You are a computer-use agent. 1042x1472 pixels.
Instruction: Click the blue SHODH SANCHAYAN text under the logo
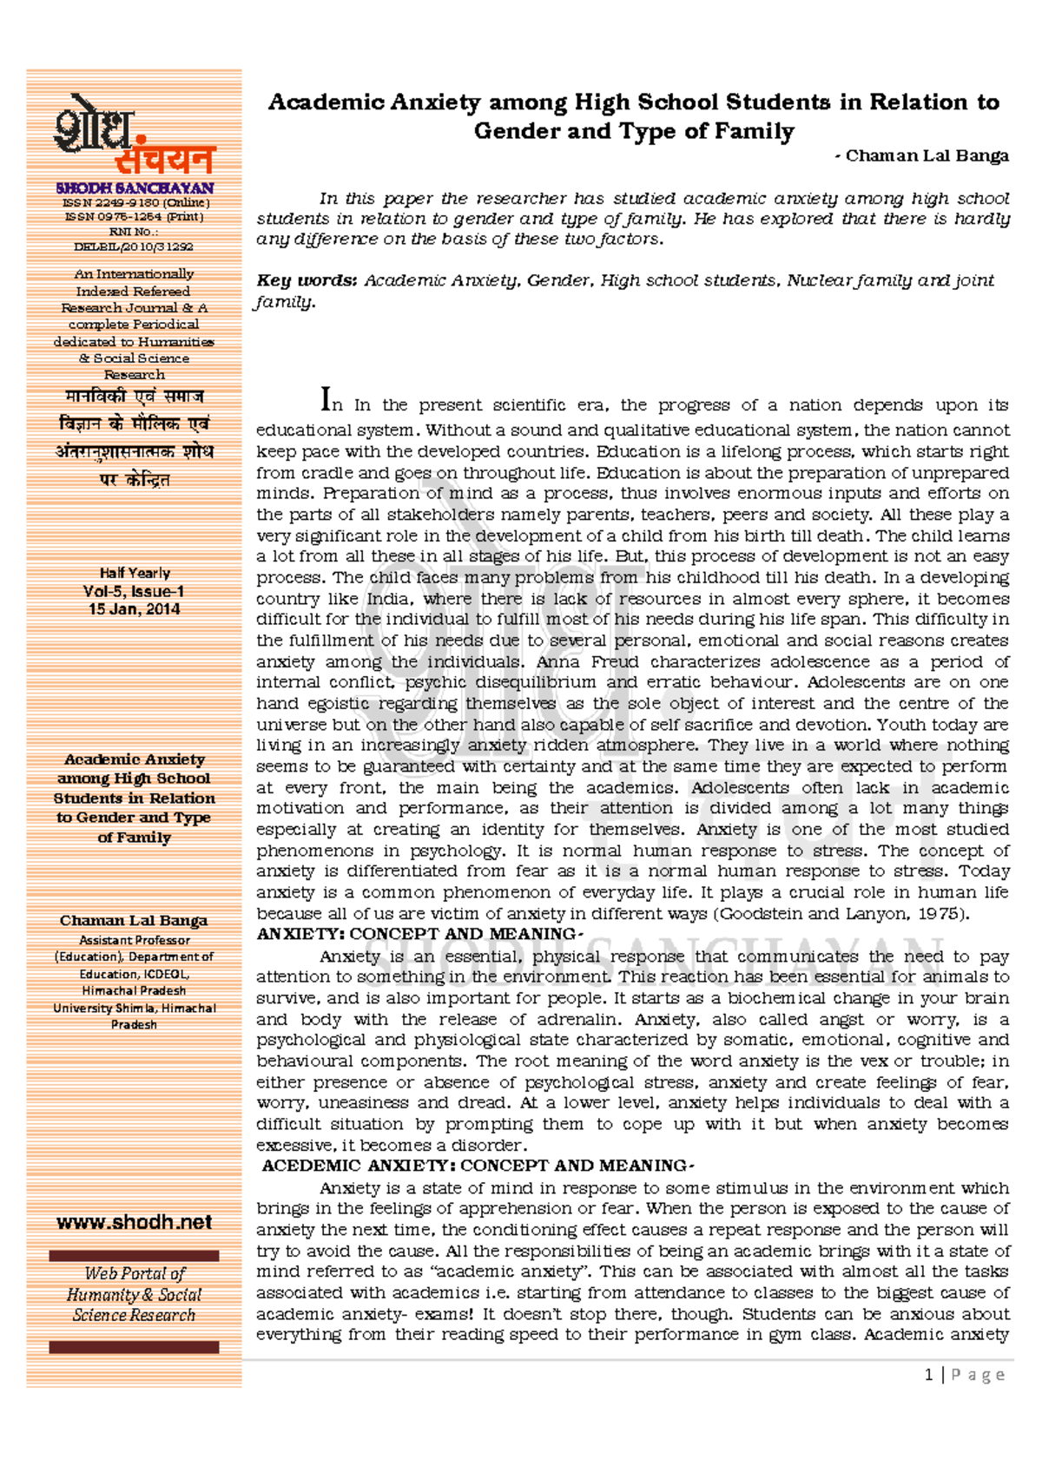(135, 188)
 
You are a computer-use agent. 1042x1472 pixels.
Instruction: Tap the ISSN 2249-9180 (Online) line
(135, 203)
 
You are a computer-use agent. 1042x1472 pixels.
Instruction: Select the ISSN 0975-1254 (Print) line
(135, 217)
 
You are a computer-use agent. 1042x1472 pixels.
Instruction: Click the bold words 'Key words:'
(307, 280)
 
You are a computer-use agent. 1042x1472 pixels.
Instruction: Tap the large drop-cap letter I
(326, 400)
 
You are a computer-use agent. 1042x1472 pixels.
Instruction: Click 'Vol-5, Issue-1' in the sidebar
(134, 592)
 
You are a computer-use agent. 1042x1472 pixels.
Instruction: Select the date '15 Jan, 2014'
(134, 609)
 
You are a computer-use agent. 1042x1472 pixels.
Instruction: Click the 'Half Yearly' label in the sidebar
(135, 573)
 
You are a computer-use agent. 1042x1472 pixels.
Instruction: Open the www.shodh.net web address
(134, 1222)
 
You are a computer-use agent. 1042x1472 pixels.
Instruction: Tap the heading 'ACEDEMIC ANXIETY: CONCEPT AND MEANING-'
(477, 1166)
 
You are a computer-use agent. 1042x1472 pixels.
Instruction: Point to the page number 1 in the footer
(929, 1375)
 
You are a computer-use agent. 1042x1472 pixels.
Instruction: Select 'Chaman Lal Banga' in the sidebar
(134, 921)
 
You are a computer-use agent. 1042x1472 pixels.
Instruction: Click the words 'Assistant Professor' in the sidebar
(135, 940)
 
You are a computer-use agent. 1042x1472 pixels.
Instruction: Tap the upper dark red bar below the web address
(134, 1256)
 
